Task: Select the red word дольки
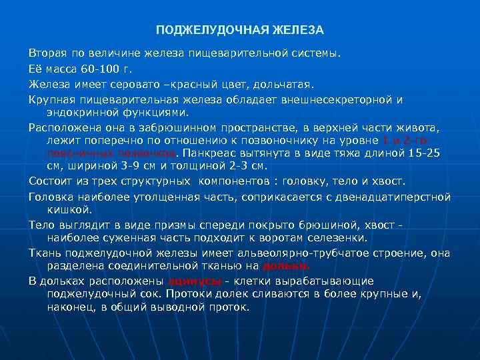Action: click(x=285, y=265)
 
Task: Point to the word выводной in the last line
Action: click(x=167, y=307)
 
